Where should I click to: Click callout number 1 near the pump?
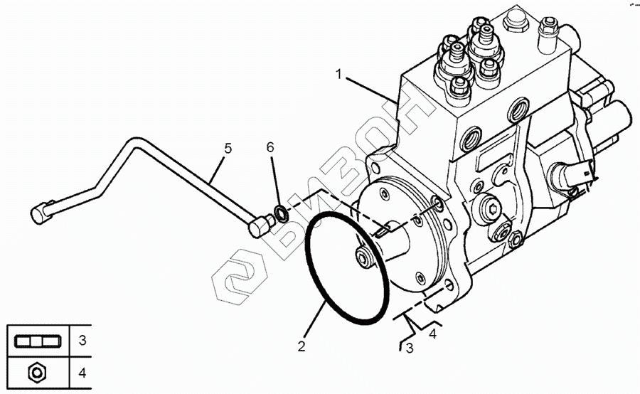point(341,73)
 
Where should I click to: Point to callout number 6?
point(270,147)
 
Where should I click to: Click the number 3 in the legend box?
point(82,341)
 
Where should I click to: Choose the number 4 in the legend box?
point(82,371)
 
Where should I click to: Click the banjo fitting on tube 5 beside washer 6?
point(260,226)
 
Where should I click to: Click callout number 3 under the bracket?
point(409,348)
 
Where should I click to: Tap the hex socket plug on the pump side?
point(490,207)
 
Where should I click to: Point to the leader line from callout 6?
point(274,178)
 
